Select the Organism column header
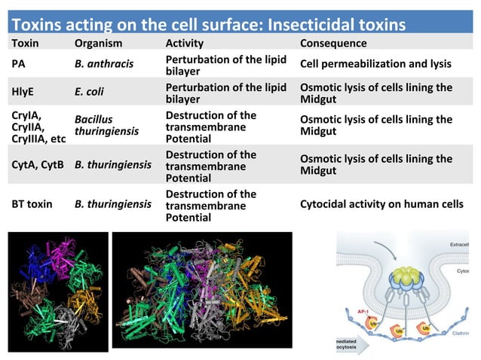coord(98,44)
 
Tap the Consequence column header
coord(333,44)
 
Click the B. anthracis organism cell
coord(104,64)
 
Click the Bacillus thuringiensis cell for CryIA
coord(106,125)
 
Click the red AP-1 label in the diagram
coord(364,310)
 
